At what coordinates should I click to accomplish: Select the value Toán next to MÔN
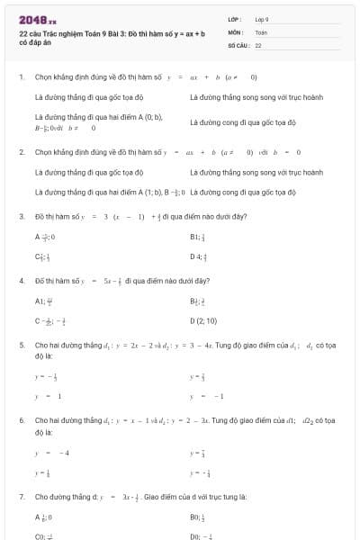click(261, 31)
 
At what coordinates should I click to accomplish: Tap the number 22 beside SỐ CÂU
click(258, 44)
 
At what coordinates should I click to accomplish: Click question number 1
click(21, 77)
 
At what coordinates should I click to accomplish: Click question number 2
click(21, 152)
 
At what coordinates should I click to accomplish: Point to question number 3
click(21, 216)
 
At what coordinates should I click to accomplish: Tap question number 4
click(21, 281)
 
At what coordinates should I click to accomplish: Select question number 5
click(21, 345)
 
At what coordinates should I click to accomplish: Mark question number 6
click(21, 419)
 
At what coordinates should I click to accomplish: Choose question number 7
click(21, 496)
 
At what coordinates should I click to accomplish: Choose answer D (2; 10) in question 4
click(204, 319)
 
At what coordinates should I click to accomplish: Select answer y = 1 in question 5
click(48, 395)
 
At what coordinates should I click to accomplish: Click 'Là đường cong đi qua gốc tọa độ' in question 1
click(243, 121)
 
